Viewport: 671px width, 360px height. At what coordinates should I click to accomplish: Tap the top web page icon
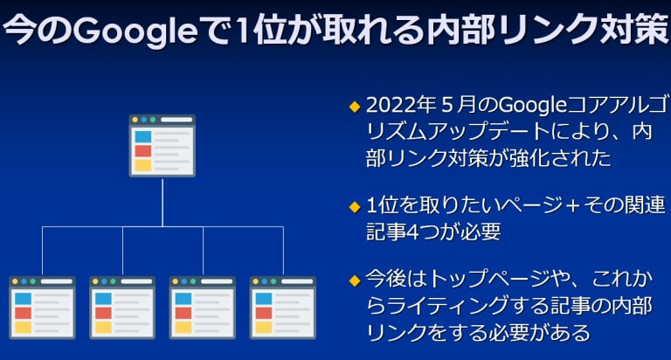coord(163,146)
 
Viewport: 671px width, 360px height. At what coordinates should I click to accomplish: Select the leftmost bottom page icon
coord(42,308)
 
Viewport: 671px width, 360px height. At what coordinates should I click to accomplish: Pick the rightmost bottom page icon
coord(283,308)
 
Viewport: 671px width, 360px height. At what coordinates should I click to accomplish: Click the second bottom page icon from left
coord(122,308)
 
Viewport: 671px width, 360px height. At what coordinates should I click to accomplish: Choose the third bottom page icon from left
coord(203,308)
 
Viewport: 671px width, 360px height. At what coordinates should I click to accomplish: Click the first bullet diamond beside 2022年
coord(355,107)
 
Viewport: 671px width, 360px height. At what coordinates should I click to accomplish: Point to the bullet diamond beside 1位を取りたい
coord(355,208)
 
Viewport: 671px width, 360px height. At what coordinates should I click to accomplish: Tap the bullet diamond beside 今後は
coord(355,280)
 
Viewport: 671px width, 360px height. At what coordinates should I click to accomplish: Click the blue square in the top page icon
coord(143,136)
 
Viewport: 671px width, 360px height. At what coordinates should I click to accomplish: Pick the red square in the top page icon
coord(143,150)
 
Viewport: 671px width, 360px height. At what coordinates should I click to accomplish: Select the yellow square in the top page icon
coord(143,165)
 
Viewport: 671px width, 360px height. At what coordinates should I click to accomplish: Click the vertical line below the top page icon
coord(163,202)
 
